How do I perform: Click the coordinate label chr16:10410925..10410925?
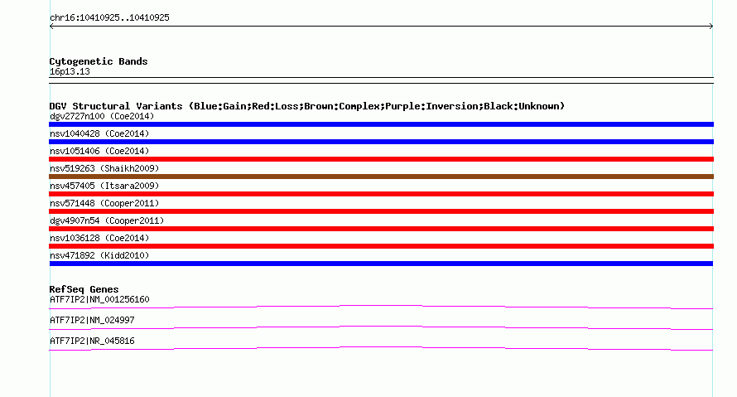[109, 18]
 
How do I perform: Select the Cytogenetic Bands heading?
[99, 61]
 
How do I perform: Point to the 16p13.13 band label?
[70, 71]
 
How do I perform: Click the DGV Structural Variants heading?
[307, 106]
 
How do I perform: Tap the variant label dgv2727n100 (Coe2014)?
[102, 116]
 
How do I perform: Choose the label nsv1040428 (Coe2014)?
[99, 133]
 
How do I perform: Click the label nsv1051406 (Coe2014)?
[99, 151]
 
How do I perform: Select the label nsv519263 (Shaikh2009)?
[104, 168]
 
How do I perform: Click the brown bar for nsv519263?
[381, 177]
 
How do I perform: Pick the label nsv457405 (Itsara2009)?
[104, 186]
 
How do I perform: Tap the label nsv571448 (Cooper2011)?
[104, 203]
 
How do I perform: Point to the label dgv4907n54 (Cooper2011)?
[107, 220]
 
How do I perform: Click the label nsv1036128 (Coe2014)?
[99, 238]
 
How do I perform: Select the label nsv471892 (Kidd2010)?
[99, 255]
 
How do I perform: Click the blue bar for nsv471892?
[381, 264]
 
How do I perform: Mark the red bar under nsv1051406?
[381, 159]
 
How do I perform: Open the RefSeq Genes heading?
[84, 289]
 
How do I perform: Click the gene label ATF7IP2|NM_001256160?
[99, 300]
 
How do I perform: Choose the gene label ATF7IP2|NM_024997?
[92, 320]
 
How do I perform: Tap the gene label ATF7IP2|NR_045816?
[92, 341]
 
